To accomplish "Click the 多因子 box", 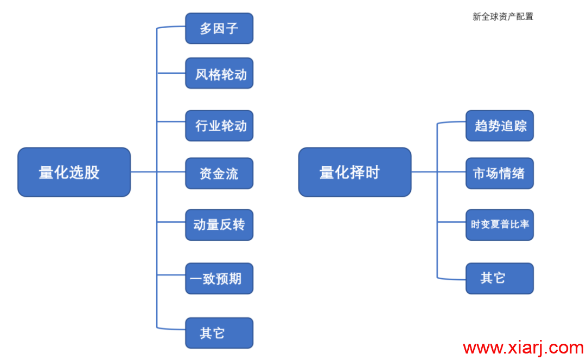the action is (x=219, y=28).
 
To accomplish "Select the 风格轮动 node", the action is (x=219, y=73).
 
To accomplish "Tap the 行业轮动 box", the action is (x=219, y=125).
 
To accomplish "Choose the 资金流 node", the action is (x=219, y=173).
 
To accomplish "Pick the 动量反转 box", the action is (x=219, y=225).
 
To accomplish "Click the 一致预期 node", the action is (x=219, y=279).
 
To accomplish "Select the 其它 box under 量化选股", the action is (x=219, y=333).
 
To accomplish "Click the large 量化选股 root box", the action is (x=74, y=172).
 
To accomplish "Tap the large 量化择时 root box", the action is (x=355, y=172).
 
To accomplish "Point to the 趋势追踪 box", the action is (x=500, y=125).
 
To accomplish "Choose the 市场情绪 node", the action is (x=500, y=173).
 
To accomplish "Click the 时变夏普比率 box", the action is (x=500, y=225).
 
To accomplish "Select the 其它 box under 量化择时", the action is (x=500, y=279).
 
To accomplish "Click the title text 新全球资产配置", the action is (x=502, y=16).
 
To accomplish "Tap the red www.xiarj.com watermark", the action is (x=523, y=348).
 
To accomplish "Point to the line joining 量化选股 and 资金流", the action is (x=158, y=172).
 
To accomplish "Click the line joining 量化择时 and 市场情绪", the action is (x=438, y=172).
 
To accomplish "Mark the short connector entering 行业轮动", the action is (x=171, y=121).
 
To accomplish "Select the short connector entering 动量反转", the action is (x=171, y=222).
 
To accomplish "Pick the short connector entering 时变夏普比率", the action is (x=451, y=222).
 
